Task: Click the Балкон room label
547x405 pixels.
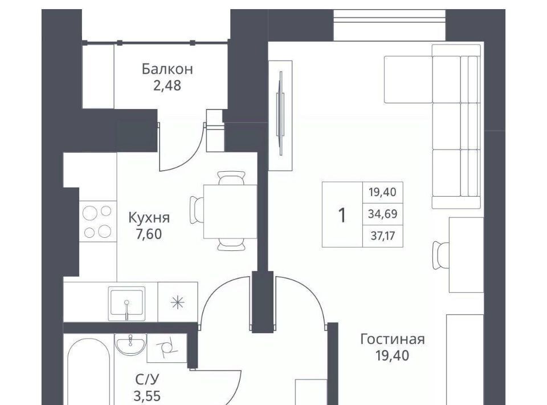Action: point(167,69)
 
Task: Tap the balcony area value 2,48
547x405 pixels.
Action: point(167,86)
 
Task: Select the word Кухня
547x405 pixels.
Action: point(149,218)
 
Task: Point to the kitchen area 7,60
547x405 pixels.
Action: point(149,234)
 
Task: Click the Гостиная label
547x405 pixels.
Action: point(393,339)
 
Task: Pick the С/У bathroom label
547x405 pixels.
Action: point(147,379)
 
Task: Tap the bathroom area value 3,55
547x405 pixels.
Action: point(147,396)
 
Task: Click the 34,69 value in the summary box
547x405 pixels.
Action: point(383,214)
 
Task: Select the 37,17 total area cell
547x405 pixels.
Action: point(383,236)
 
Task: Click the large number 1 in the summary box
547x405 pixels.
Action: point(342,215)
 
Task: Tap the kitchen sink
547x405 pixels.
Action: point(126,303)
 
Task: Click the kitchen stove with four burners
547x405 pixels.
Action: point(97,221)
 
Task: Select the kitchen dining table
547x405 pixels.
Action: point(230,212)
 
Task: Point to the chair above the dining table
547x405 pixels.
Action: point(231,178)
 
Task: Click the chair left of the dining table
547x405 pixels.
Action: point(197,210)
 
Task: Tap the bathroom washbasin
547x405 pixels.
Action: point(130,343)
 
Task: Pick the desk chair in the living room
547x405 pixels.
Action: point(441,255)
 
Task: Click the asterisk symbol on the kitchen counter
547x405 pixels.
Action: point(178,302)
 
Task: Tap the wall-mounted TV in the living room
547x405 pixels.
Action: point(280,114)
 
